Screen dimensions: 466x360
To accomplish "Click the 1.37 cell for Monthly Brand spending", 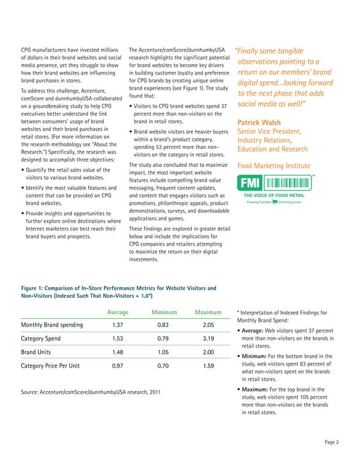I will tap(118, 325).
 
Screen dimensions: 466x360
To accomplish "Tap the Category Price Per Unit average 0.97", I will tap(118, 366).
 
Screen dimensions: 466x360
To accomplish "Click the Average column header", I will tap(118, 312).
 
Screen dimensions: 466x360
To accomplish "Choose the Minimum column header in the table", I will tap(165, 312).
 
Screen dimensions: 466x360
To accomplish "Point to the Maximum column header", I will tap(208, 312).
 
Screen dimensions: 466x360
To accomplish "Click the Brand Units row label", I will tap(37, 353).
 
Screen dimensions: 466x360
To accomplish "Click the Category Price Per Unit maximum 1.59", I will tap(208, 366).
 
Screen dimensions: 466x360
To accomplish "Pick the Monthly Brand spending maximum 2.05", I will tap(208, 325).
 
